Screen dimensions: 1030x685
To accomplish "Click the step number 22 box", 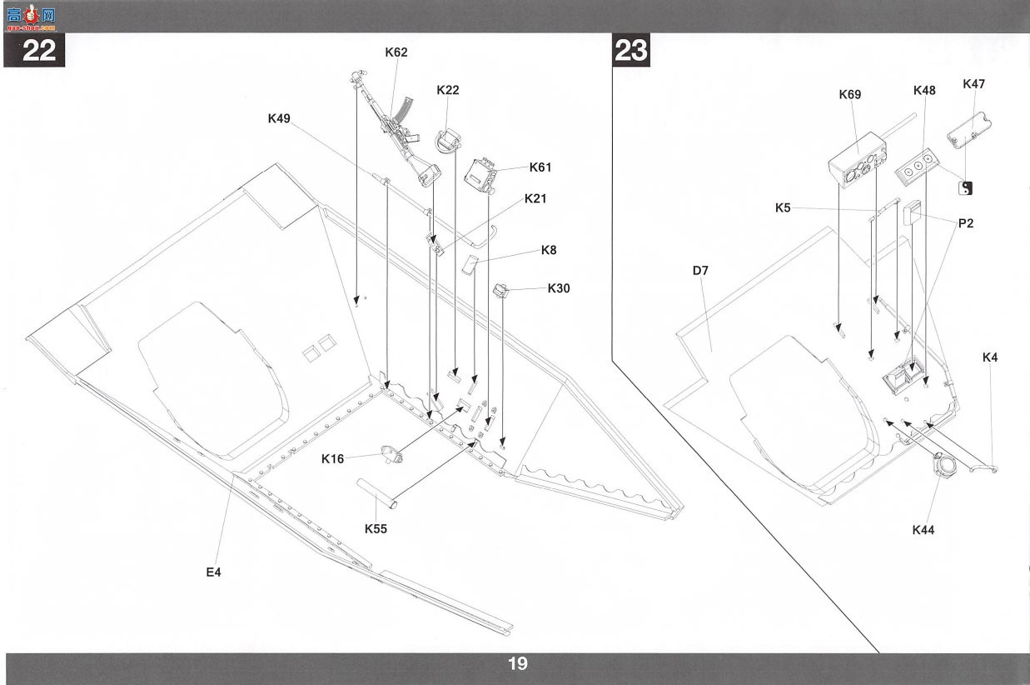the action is (x=34, y=50).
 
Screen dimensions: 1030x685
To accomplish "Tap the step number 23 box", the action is (x=631, y=50).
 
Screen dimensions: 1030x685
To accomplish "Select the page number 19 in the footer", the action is (x=518, y=663).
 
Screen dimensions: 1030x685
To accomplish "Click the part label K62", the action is (x=396, y=52).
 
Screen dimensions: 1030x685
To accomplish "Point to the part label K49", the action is (x=279, y=118).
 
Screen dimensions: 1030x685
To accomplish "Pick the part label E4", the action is (x=213, y=572).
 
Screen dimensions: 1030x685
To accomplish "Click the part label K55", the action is (x=376, y=529).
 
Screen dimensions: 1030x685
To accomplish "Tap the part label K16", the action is (x=332, y=458).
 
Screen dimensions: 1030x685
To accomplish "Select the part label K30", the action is (x=559, y=288).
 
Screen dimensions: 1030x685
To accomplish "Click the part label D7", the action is (x=700, y=271).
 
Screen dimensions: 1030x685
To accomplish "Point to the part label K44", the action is (x=923, y=531).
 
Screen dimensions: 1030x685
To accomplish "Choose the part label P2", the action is (x=966, y=223).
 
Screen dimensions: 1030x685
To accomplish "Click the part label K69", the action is (x=850, y=94).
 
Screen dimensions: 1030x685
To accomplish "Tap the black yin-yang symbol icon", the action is (x=965, y=187).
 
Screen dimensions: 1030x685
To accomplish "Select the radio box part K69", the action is (x=858, y=160).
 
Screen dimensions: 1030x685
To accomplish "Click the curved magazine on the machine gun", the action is (x=398, y=109).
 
